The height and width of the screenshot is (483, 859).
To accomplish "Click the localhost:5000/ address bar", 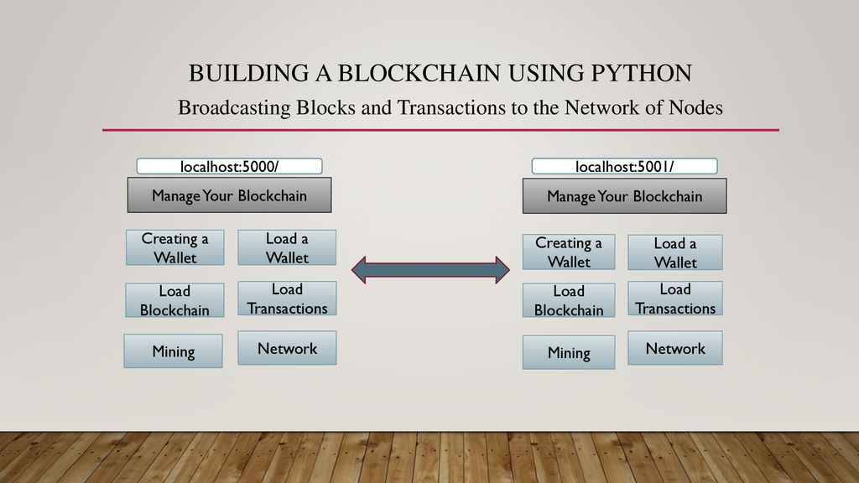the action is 230,166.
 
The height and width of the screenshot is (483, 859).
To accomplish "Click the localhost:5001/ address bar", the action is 624,166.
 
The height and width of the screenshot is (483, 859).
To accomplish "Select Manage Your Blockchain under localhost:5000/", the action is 230,195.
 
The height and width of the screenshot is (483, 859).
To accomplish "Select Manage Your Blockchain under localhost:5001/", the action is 624,195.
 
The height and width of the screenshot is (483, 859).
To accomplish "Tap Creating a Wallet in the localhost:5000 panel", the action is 174,247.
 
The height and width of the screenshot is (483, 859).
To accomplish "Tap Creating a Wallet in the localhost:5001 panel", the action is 569,252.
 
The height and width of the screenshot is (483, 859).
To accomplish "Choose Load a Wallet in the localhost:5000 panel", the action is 287,247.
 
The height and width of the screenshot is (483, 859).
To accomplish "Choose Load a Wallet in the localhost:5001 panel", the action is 675,252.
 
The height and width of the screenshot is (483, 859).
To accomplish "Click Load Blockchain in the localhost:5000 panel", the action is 174,300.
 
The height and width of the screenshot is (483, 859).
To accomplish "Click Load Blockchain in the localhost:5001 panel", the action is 569,300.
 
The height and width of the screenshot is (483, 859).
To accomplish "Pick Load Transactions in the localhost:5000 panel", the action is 287,299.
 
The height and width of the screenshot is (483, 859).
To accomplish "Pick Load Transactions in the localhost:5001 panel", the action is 675,299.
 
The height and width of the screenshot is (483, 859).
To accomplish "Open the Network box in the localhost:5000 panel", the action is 287,348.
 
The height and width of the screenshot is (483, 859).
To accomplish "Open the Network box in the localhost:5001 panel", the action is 675,348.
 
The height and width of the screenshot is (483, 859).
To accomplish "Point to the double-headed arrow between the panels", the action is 430,269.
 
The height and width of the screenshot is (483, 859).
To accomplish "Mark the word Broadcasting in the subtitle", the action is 234,107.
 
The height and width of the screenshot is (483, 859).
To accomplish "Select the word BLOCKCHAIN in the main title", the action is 419,74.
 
